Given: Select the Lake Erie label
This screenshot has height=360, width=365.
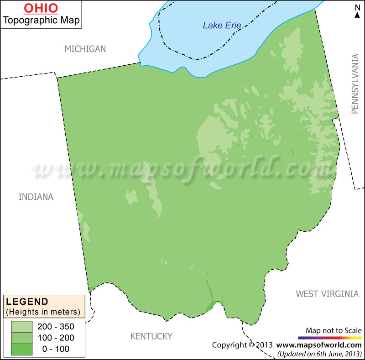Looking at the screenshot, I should pos(222,26).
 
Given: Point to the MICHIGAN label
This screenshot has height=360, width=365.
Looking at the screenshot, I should pos(85,49).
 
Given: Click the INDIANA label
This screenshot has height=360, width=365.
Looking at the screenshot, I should pos(36,197).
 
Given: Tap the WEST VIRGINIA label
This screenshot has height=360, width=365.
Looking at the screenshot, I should pos(327,294).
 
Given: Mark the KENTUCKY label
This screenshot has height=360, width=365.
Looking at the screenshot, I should pos(151,336).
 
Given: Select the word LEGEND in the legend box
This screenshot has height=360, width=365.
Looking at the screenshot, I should pos(27,301).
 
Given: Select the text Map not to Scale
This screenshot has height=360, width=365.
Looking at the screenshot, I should pos(334,330).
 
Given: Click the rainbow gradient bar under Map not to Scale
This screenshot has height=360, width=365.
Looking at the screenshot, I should pos(329,338).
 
